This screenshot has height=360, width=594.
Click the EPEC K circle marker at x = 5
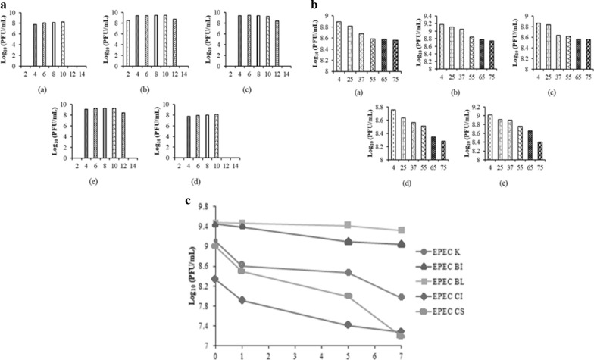tap(348, 272)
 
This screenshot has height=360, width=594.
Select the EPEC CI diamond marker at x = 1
tap(242, 300)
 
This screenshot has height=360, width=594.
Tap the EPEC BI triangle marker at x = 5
tap(348, 241)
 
